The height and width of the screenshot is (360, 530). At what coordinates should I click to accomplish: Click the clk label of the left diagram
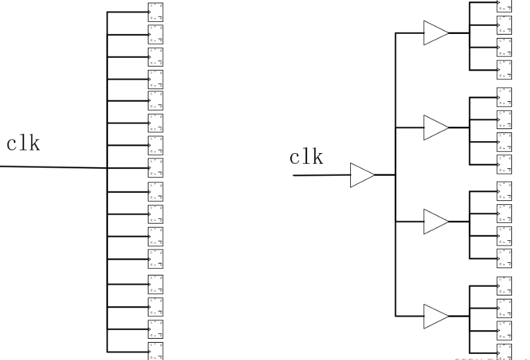(x=24, y=144)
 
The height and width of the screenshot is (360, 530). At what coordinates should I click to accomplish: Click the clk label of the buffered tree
(x=306, y=158)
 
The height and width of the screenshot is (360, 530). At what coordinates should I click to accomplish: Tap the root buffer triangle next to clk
(x=362, y=176)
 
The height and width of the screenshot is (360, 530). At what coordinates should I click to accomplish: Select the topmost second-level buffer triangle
(x=435, y=32)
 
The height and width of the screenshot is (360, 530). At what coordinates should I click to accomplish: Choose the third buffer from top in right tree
(x=435, y=220)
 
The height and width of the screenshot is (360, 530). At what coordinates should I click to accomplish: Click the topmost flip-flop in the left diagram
(x=155, y=12)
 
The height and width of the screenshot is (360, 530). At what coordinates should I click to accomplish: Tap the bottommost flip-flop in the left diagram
(x=155, y=351)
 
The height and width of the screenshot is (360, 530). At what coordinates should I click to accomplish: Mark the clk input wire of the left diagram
(x=53, y=167)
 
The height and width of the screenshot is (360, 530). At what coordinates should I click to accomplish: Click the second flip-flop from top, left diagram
(x=155, y=33)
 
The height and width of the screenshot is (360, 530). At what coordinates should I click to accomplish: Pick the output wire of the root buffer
(x=385, y=176)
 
